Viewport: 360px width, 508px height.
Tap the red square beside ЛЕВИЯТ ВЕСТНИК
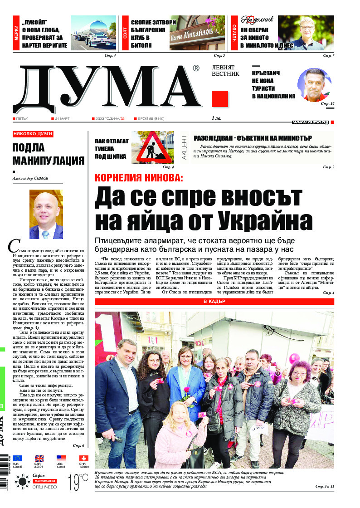tap(220, 99)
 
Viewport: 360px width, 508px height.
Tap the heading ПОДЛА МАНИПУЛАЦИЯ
tap(48, 154)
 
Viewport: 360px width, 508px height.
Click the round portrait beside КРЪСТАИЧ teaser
tap(314, 85)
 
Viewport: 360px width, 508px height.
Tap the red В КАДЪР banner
tap(214, 302)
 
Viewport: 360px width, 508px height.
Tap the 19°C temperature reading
tap(78, 481)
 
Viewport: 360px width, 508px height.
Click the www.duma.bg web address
tap(311, 122)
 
